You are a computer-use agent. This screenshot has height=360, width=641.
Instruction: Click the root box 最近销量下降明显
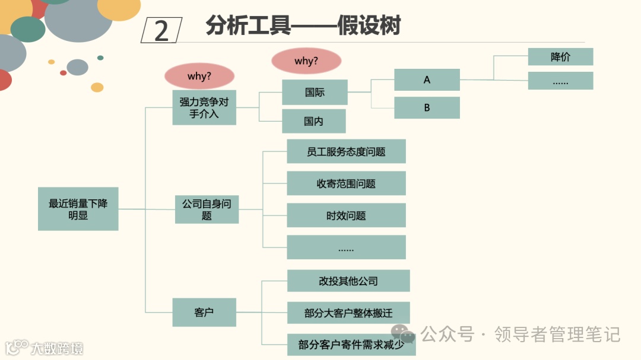(78, 209)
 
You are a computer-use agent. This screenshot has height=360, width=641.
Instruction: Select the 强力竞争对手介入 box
(204, 107)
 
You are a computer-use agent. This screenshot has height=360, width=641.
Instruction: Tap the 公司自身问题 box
(207, 209)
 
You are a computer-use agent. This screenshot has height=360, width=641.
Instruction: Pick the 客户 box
(204, 312)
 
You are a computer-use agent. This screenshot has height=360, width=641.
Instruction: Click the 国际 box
(315, 92)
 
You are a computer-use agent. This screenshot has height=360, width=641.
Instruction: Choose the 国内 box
(313, 121)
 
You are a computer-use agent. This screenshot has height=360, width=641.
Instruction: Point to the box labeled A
(427, 79)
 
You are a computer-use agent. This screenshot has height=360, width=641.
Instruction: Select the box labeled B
(427, 108)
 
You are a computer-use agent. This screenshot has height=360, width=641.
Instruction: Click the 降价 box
(560, 57)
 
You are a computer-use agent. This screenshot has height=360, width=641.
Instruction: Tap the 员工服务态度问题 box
(346, 151)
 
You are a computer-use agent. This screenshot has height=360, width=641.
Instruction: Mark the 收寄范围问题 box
(346, 183)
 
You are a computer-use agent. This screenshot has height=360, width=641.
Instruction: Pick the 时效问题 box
(346, 215)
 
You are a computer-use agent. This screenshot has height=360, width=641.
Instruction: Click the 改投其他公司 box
(348, 281)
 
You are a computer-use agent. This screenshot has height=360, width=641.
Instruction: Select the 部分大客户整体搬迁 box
(348, 313)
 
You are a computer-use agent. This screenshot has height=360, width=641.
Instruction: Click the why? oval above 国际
(306, 61)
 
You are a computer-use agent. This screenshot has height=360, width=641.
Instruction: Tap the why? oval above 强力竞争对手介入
(199, 76)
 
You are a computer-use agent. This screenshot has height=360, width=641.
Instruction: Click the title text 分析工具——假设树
(303, 26)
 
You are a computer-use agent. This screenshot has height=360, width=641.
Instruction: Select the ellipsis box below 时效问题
(346, 247)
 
